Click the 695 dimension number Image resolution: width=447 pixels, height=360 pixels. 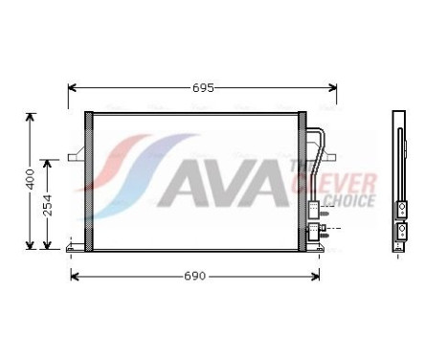pos(203,87)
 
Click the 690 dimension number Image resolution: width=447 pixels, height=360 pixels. pos(194,276)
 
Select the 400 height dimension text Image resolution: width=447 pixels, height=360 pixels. pos(30,179)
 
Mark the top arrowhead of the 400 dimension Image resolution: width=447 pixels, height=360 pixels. pos(31,117)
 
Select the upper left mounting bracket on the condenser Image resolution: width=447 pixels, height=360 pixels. pos(78,153)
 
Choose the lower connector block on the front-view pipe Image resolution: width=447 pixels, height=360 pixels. pos(313,230)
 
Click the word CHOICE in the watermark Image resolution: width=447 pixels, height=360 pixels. pos(350,199)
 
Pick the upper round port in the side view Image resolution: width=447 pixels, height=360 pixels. pos(402,208)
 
